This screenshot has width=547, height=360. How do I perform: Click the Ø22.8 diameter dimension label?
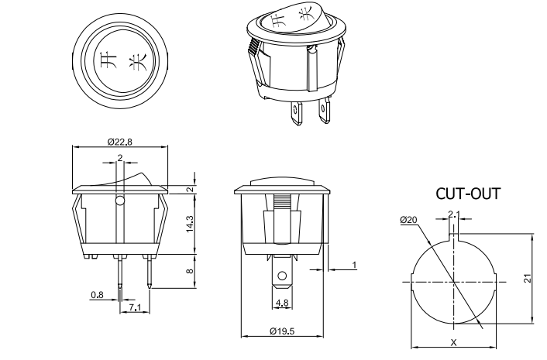(x=120, y=141)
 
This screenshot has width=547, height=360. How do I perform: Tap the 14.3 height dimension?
(x=190, y=225)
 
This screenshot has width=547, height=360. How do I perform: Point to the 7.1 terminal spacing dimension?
(x=135, y=309)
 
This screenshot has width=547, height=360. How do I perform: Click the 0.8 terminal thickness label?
(x=97, y=295)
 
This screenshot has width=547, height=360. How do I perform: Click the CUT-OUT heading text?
(x=466, y=194)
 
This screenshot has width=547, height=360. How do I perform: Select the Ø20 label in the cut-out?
(x=409, y=221)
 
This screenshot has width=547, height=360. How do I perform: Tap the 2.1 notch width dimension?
(x=454, y=215)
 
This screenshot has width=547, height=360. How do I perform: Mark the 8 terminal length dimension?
(x=190, y=272)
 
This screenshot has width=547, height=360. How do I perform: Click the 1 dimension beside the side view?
(x=354, y=266)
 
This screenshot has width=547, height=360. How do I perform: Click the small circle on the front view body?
(x=120, y=203)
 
